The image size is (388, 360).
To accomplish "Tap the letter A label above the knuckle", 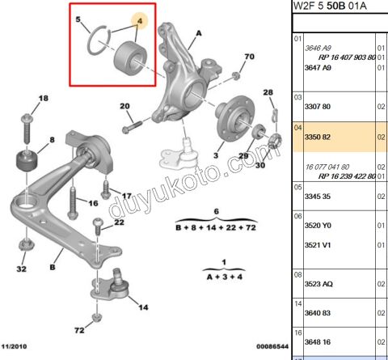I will tap(196, 33).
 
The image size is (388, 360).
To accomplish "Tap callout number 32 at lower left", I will tap(22, 269).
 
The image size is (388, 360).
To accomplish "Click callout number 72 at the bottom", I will tap(79, 331).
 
